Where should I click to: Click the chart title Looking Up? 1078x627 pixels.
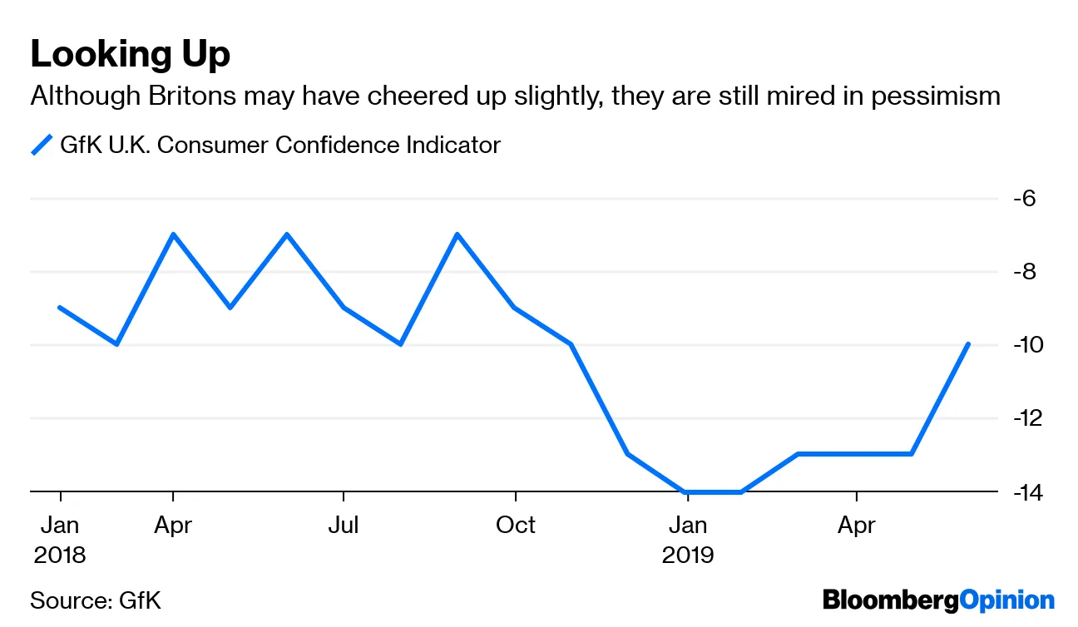[130, 55]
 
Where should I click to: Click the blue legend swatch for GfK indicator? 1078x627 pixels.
[42, 145]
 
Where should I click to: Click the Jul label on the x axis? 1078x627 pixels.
[344, 526]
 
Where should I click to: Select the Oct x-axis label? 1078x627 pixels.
[516, 526]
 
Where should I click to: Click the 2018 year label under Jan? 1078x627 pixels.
[60, 555]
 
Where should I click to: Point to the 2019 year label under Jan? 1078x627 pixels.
[688, 555]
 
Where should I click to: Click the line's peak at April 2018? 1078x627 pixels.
[173, 235]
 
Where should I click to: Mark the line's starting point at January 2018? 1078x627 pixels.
[60, 308]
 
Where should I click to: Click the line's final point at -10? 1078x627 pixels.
[968, 344]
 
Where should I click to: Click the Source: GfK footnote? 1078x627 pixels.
[96, 600]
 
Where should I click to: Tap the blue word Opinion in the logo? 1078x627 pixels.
[1007, 600]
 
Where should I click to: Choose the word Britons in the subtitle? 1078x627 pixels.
[193, 96]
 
